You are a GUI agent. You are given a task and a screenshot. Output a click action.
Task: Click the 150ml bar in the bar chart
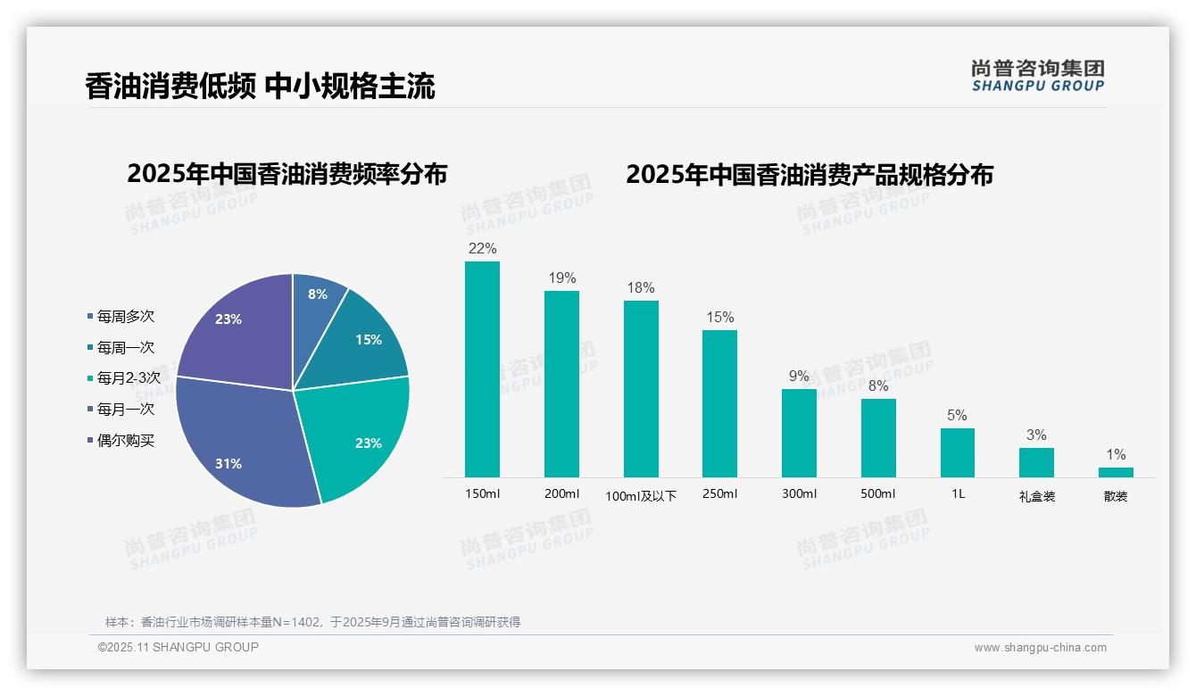pyautogui.click(x=482, y=369)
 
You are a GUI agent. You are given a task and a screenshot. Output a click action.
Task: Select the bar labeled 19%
pyautogui.click(x=561, y=384)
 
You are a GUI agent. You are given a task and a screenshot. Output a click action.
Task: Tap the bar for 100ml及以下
pyautogui.click(x=641, y=389)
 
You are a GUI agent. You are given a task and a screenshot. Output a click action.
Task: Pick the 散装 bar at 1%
pyautogui.click(x=1116, y=472)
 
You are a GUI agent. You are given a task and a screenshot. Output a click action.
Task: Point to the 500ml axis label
pyautogui.click(x=877, y=493)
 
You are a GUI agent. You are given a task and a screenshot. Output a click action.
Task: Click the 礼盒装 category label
pyautogui.click(x=1036, y=496)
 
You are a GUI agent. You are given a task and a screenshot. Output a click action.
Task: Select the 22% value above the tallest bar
pyautogui.click(x=482, y=248)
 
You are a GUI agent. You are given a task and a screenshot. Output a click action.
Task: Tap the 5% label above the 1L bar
pyautogui.click(x=957, y=415)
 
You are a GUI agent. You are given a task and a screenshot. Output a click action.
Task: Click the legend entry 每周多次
pyautogui.click(x=125, y=317)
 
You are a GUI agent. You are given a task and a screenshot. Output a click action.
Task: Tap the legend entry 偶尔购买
pyautogui.click(x=125, y=441)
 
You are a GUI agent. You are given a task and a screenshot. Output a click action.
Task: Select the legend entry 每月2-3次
pyautogui.click(x=128, y=378)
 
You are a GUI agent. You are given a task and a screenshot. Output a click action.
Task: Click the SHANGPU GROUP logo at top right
pyautogui.click(x=1037, y=75)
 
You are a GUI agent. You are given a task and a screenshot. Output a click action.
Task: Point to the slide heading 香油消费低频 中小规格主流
pyautogui.click(x=260, y=87)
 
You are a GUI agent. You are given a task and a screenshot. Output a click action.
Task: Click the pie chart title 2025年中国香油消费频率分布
pyautogui.click(x=287, y=173)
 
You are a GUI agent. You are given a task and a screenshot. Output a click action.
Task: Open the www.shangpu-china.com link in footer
pyautogui.click(x=1040, y=648)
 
